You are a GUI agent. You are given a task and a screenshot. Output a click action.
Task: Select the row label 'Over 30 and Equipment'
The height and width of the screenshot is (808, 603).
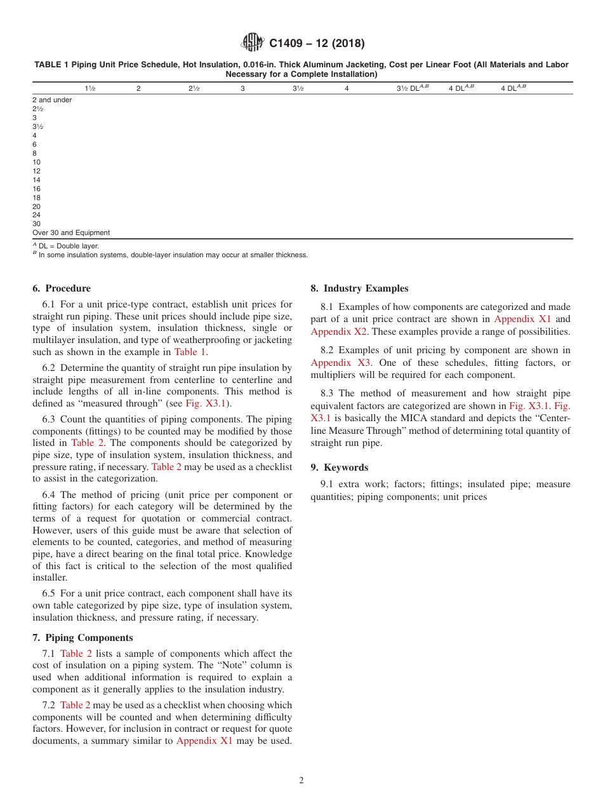[x=71, y=232]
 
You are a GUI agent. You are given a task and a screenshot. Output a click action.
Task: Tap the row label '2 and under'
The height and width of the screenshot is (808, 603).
[x=52, y=100]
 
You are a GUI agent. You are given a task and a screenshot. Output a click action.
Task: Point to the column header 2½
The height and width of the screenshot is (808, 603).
[x=194, y=88]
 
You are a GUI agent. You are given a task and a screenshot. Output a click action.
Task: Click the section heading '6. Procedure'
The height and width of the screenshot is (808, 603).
[x=62, y=288]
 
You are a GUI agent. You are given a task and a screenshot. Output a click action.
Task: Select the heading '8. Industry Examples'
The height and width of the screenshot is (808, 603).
[x=359, y=288]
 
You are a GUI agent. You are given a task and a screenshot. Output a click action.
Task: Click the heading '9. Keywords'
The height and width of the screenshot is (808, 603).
[x=339, y=468]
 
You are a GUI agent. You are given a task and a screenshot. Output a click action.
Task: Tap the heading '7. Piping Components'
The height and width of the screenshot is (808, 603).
[x=83, y=638]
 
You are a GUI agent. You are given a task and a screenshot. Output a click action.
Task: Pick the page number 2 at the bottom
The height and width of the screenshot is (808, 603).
[x=301, y=781]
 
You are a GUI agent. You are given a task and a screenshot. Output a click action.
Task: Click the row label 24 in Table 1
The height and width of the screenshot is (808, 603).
[x=37, y=215]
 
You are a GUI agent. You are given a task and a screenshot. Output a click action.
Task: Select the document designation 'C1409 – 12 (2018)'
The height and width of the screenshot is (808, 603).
[x=317, y=43]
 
